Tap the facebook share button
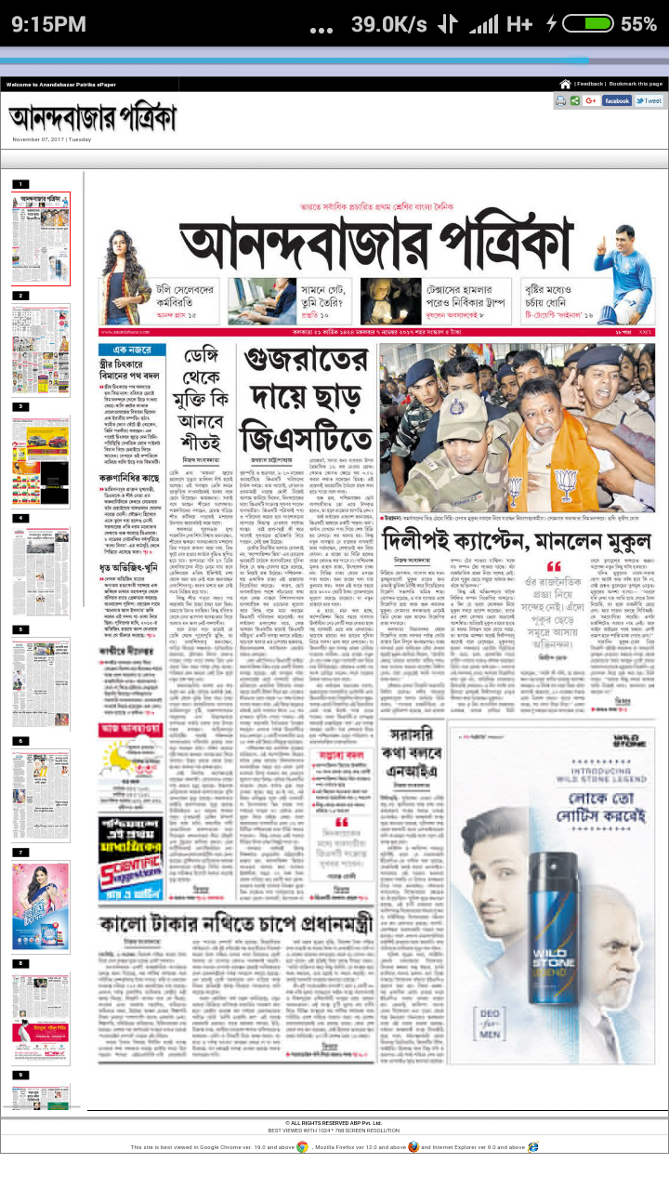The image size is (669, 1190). coord(617,100)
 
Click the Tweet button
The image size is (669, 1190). coord(649,100)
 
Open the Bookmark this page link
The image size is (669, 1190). coord(636,84)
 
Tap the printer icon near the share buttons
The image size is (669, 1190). coord(561,100)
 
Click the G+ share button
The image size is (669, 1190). coord(591,100)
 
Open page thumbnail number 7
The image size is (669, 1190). coord(41,906)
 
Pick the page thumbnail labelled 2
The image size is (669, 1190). coord(41,350)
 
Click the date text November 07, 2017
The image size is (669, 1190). coord(51,139)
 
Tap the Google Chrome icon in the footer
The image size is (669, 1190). coord(303,1147)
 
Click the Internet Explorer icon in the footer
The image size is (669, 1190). coord(531,1147)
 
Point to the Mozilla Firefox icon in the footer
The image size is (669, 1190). coord(413,1147)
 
